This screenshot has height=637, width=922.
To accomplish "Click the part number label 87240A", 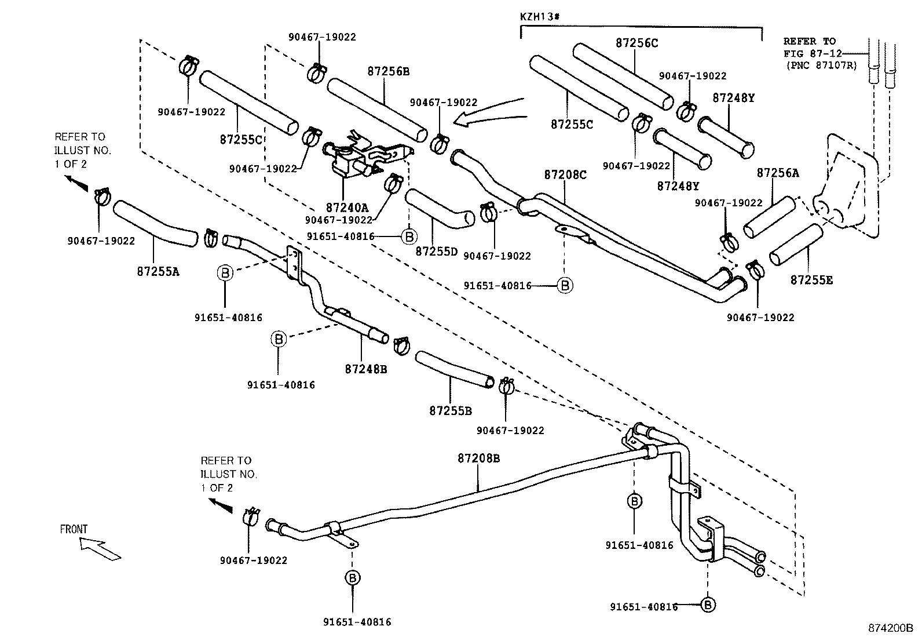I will (x=347, y=207).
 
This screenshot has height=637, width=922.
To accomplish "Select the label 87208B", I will (x=478, y=458).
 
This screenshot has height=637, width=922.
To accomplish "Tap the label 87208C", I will (x=565, y=174).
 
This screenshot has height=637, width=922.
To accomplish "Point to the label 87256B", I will (x=388, y=71).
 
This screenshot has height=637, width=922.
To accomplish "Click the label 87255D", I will (x=436, y=252).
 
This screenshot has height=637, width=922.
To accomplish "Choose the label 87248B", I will (x=365, y=368).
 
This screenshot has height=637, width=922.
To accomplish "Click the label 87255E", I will (x=811, y=280).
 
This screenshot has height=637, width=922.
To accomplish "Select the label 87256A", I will (x=778, y=173).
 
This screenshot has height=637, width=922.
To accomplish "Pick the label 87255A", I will (x=158, y=270).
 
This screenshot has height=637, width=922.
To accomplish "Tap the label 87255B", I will (x=451, y=411).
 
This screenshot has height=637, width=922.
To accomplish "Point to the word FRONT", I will (x=74, y=529).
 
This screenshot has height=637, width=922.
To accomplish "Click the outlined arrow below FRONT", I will (x=100, y=548).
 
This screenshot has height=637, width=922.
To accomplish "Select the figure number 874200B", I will (x=890, y=628).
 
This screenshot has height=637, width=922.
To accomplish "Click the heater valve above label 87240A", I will (x=353, y=159).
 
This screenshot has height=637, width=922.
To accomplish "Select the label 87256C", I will (x=636, y=43).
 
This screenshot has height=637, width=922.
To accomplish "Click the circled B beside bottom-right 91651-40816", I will (x=707, y=605).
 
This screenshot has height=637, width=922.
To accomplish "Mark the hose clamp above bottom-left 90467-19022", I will (x=251, y=515).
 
